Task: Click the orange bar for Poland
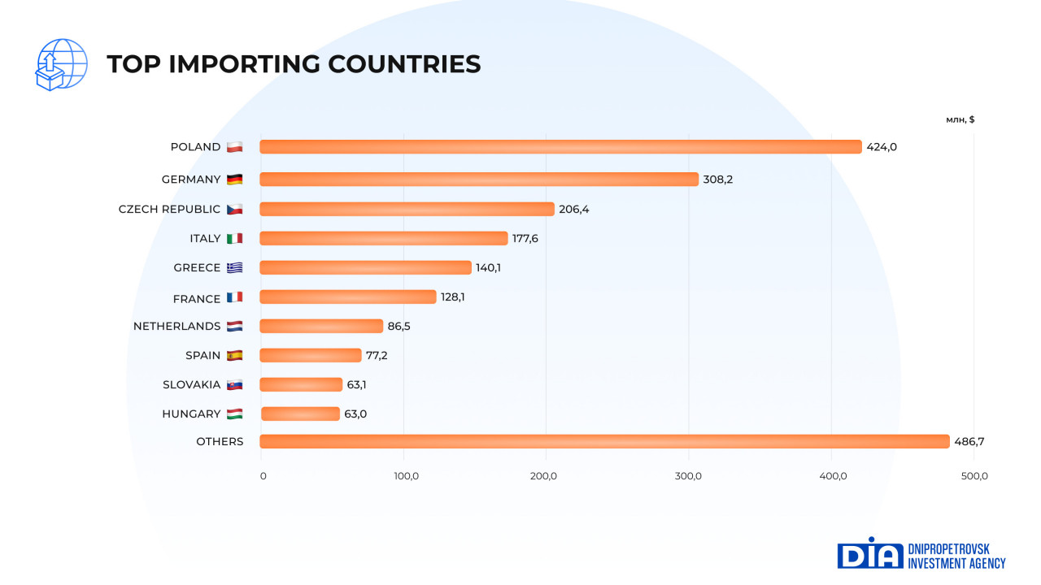click(560, 147)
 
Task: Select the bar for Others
click(604, 441)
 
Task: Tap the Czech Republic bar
click(407, 209)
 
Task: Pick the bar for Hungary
click(300, 414)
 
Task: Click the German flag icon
click(234, 180)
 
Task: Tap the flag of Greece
click(234, 267)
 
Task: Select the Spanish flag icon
click(234, 355)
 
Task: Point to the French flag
click(234, 297)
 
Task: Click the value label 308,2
click(718, 180)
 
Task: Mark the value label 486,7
click(969, 441)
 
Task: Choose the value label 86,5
click(399, 326)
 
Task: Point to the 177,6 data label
click(527, 238)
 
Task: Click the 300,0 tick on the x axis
click(689, 476)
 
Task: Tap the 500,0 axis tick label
click(973, 476)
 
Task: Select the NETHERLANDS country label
click(176, 326)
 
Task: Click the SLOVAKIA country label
click(191, 384)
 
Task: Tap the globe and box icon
click(61, 65)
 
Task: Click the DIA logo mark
click(869, 553)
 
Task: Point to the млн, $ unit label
click(960, 119)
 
